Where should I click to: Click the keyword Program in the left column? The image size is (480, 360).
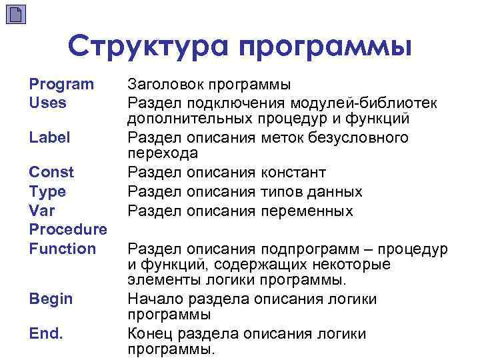61,84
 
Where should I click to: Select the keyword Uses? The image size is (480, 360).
47,103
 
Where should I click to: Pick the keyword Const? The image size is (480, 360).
51,172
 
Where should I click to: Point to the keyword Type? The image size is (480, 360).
47,192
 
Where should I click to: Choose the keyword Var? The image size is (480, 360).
41,211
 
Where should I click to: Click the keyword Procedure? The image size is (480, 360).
68,230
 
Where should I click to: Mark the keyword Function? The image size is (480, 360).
63,249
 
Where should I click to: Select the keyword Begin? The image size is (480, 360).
51,299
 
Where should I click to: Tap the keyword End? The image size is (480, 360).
46,333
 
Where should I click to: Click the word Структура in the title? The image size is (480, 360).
149,47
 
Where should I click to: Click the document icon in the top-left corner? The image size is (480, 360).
16,15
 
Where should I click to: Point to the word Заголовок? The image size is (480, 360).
164,85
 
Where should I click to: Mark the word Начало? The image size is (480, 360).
152,299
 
